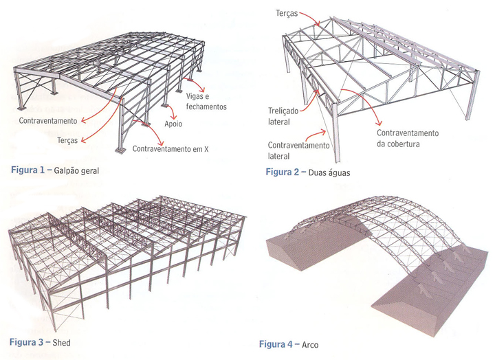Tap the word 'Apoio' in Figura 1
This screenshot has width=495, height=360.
[175, 126]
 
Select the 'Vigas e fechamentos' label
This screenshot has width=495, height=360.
[207, 102]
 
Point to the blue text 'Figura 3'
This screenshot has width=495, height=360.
[26, 341]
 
